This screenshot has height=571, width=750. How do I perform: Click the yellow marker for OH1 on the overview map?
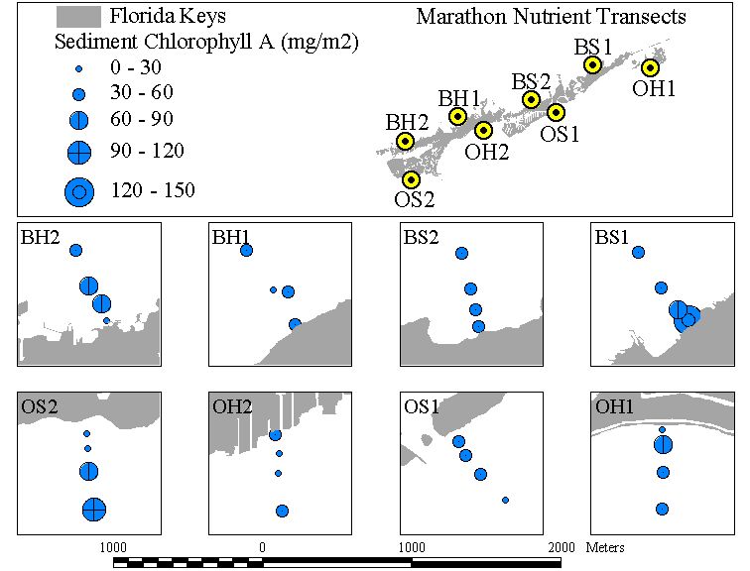tap(650, 67)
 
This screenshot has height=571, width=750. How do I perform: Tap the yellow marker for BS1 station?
tap(592, 64)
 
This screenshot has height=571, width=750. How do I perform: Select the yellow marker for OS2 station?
tap(411, 180)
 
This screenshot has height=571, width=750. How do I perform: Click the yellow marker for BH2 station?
tap(405, 141)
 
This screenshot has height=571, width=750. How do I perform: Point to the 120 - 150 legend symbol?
tap(79, 192)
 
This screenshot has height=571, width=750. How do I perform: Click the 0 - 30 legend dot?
tap(79, 68)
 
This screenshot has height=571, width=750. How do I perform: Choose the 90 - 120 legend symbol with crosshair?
tap(79, 153)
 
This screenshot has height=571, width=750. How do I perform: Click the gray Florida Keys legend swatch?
tap(78, 16)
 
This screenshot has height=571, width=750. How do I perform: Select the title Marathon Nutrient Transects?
tap(551, 17)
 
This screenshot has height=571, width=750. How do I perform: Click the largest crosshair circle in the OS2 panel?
tap(94, 510)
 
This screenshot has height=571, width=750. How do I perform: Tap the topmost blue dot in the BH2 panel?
tap(76, 250)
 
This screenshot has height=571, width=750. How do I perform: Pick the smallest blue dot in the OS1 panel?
tap(506, 500)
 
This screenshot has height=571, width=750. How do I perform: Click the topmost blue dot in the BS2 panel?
tap(461, 253)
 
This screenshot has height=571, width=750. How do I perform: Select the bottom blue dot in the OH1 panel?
tap(662, 509)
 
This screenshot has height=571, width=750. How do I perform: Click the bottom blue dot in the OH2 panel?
tap(282, 511)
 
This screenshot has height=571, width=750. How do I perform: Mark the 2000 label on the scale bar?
tap(562, 547)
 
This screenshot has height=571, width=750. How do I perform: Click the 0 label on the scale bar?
tap(262, 547)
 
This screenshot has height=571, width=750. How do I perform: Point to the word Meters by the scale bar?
tap(605, 547)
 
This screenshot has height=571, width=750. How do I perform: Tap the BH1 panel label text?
tap(231, 237)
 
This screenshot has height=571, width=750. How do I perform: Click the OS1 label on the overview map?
tap(560, 134)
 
